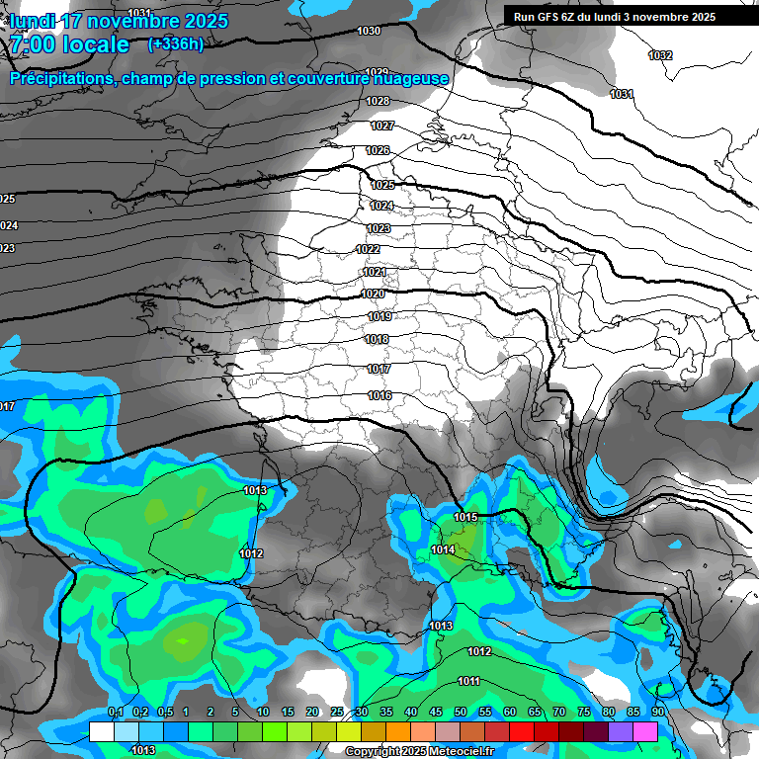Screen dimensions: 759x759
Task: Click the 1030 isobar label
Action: click(x=369, y=32)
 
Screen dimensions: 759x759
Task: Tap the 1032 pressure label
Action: click(x=660, y=55)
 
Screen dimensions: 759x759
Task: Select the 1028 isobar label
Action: click(x=378, y=102)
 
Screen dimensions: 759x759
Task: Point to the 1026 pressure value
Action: click(x=378, y=150)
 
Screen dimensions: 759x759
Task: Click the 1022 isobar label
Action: click(x=368, y=249)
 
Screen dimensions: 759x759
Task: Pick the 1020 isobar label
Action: click(x=373, y=295)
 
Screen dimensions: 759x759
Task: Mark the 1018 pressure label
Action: click(x=377, y=340)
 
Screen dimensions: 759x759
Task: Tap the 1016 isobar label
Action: click(x=379, y=395)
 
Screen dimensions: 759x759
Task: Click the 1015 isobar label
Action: click(x=466, y=517)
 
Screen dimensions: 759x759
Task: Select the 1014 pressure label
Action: click(x=443, y=550)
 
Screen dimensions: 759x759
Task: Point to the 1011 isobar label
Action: click(x=468, y=681)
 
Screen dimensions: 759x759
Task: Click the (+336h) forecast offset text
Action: click(x=176, y=43)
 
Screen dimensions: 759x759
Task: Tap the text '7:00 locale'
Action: click(x=69, y=44)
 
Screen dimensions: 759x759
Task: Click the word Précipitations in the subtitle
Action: click(x=60, y=78)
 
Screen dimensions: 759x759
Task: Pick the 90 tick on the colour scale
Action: click(x=658, y=713)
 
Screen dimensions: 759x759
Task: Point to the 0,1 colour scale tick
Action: click(x=115, y=713)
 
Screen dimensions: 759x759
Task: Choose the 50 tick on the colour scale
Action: click(x=461, y=713)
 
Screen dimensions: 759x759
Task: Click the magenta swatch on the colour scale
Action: click(x=645, y=731)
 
